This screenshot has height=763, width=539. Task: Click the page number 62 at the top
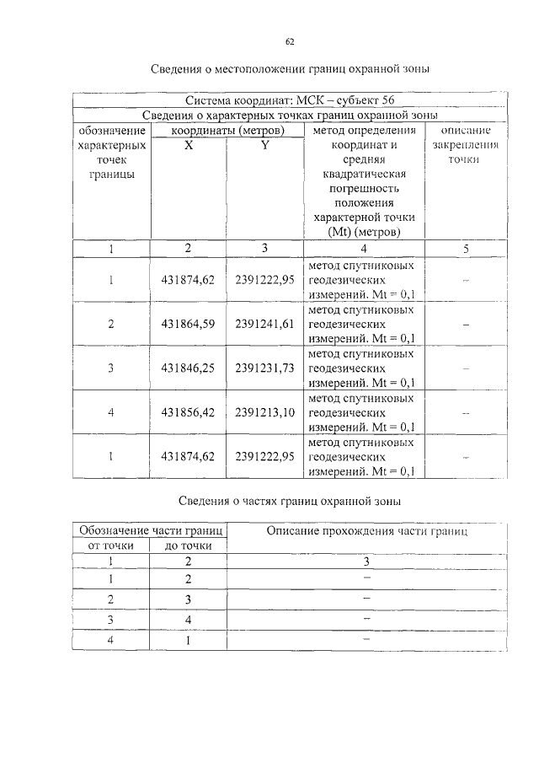click(290, 41)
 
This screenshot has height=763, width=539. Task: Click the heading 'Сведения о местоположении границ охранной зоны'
click(290, 68)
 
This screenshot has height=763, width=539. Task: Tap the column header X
click(189, 145)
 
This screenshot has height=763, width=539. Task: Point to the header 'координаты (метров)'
click(226, 131)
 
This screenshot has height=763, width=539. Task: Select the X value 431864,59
click(188, 324)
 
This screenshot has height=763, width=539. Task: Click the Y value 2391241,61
click(264, 324)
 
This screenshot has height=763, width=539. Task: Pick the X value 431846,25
click(188, 368)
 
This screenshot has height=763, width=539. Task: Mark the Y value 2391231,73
click(264, 368)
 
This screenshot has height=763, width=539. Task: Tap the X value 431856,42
click(188, 412)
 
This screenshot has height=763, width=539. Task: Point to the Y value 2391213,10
click(264, 412)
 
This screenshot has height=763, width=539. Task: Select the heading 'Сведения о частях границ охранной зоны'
click(289, 502)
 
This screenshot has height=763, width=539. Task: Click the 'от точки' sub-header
click(111, 545)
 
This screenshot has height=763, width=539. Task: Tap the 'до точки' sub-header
click(188, 545)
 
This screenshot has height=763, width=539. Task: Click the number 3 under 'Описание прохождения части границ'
click(366, 561)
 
